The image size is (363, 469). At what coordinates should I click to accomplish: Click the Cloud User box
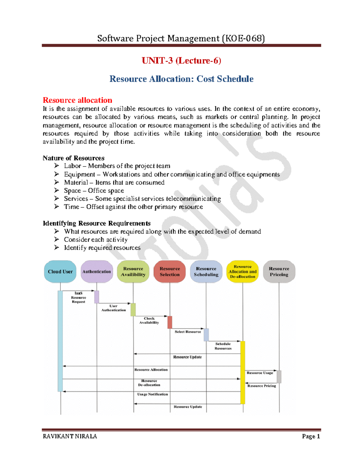point(60,271)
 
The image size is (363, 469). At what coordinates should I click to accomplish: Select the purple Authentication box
point(97,271)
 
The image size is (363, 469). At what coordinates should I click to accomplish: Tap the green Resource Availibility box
point(133,271)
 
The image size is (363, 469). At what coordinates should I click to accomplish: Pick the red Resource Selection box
point(170,271)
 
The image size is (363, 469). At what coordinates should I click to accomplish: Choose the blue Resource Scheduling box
point(206,271)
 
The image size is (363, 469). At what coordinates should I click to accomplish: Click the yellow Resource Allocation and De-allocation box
point(243,271)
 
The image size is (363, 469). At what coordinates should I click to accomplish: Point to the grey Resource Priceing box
point(279,271)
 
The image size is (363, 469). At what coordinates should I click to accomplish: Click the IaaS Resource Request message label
point(78,297)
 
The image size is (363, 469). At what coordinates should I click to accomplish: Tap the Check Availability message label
point(149,320)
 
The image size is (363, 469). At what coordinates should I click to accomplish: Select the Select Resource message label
point(188,332)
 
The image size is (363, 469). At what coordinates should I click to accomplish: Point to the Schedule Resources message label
point(223,346)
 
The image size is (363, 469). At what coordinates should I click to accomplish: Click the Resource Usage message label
point(260,373)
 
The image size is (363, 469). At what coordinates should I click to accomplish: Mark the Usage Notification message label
point(152,394)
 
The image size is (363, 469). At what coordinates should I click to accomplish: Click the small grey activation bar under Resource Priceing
point(279,377)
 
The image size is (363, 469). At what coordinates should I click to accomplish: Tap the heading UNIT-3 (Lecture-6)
point(181,61)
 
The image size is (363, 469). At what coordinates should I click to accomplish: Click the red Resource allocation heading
point(77,100)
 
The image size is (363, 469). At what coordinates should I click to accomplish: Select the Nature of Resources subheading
point(74,158)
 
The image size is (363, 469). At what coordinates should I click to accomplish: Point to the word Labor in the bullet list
point(72,166)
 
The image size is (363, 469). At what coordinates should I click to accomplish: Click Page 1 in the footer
point(311,436)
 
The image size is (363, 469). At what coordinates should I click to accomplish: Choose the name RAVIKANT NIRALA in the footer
point(70,436)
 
